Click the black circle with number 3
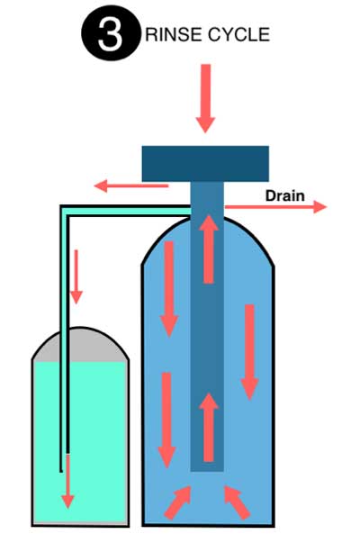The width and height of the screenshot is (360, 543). click(x=111, y=34)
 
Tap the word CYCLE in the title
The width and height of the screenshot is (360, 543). click(x=238, y=34)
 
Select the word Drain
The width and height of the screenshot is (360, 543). click(x=285, y=195)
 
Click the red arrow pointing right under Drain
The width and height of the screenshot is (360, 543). click(x=275, y=207)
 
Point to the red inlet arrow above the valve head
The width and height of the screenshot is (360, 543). click(x=205, y=98)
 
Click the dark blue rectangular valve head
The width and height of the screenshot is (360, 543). click(x=205, y=164)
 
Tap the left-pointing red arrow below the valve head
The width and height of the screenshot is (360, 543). click(x=131, y=186)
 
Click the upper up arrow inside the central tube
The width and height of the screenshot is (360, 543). click(x=209, y=249)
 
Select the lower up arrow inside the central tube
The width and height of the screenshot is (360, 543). click(x=209, y=428)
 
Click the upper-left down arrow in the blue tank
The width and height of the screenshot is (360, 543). click(x=169, y=289)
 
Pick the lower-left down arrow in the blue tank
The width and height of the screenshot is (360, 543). click(x=166, y=420)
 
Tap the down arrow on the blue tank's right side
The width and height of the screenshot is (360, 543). click(x=249, y=352)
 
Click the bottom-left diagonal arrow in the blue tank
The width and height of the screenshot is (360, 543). click(x=178, y=502)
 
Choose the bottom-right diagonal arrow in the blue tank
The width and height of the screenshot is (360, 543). click(x=237, y=502)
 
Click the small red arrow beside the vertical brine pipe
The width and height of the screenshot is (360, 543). click(x=76, y=277)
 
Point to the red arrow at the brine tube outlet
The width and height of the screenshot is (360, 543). click(x=67, y=482)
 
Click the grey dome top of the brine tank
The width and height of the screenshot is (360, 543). click(x=80, y=345)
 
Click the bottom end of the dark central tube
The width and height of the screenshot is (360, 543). click(x=207, y=471)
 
